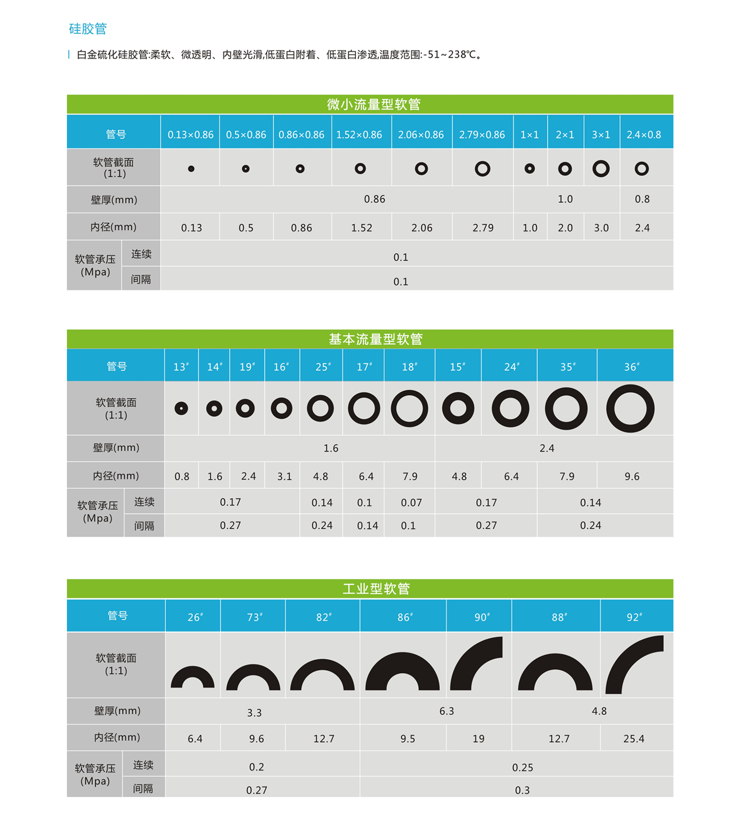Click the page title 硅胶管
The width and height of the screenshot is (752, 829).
tap(88, 29)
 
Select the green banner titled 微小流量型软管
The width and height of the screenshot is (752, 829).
tap(373, 105)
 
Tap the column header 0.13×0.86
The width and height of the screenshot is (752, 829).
tap(191, 135)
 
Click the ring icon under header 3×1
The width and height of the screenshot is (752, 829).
tap(601, 168)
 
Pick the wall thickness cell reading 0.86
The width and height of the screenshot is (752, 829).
tap(374, 199)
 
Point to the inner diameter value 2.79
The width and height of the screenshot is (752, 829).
tap(482, 228)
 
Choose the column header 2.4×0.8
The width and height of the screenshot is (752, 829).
tap(644, 135)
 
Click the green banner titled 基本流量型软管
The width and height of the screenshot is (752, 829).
tap(375, 339)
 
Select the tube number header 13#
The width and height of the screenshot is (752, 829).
tap(181, 367)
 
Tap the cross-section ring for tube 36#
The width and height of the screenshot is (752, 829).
tap(630, 408)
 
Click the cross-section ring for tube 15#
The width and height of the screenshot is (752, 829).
tap(458, 408)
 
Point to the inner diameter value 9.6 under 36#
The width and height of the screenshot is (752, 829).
tap(632, 476)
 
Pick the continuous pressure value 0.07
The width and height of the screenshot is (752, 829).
tap(411, 503)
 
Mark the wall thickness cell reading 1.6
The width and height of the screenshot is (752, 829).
tap(330, 448)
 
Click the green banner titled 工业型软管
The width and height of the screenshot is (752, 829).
tap(376, 589)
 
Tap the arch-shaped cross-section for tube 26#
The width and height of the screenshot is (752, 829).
tap(193, 677)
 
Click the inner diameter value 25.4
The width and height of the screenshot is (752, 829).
tap(633, 739)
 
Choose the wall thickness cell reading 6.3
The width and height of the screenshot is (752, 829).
tap(446, 711)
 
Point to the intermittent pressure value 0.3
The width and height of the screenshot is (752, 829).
tap(522, 790)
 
